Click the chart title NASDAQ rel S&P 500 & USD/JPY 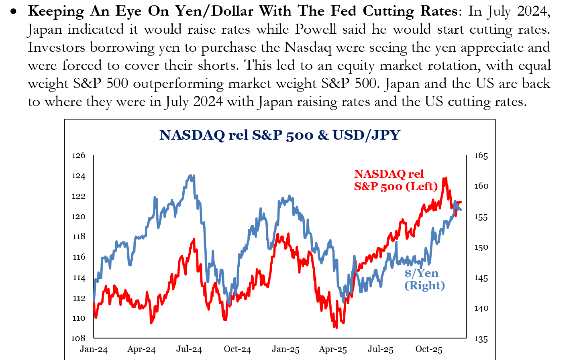point(280,135)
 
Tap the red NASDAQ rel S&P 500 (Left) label point(396,180)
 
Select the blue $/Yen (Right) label point(424,279)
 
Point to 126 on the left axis point(79,155)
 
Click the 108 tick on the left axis point(79,338)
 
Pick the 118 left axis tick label point(79,236)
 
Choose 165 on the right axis point(481,156)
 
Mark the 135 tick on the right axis point(481,339)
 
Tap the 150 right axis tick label point(481,247)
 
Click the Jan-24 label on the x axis point(94,349)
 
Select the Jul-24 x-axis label point(189,349)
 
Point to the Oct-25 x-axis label point(429,349)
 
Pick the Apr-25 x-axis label point(333,349)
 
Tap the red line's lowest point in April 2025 point(335,327)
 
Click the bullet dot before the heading point(14,12)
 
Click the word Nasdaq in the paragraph point(308,48)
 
